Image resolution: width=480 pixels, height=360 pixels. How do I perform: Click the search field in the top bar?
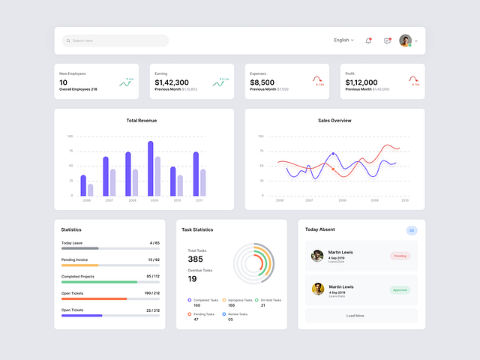(x=115, y=40)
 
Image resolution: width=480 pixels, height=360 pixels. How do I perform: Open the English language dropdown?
(x=343, y=40)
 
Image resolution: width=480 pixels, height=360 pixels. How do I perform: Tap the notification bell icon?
(x=368, y=40)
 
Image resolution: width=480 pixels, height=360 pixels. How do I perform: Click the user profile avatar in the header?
(x=405, y=40)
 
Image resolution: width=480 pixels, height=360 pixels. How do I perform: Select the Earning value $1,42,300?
(x=172, y=82)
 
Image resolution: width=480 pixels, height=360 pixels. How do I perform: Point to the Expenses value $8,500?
(x=262, y=82)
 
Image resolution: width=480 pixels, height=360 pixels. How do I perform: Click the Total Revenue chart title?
(x=142, y=120)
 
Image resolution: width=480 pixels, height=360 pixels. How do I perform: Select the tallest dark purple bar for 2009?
(x=150, y=168)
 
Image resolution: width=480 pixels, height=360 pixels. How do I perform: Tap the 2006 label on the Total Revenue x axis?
(x=86, y=200)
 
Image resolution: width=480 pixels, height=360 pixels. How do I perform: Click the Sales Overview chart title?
(x=334, y=120)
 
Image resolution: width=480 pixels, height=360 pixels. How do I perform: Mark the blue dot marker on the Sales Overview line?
(x=333, y=154)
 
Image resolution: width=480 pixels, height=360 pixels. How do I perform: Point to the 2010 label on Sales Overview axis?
(x=405, y=200)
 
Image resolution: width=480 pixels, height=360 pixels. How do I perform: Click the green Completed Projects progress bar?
(x=99, y=282)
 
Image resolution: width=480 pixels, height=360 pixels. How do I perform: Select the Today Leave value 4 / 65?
(x=154, y=243)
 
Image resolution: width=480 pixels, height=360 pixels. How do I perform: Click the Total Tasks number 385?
(x=195, y=259)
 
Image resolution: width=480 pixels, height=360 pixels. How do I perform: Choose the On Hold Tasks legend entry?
(x=268, y=300)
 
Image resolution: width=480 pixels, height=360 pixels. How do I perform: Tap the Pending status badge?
(x=400, y=256)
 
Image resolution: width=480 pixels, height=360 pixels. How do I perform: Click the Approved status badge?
(x=400, y=289)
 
